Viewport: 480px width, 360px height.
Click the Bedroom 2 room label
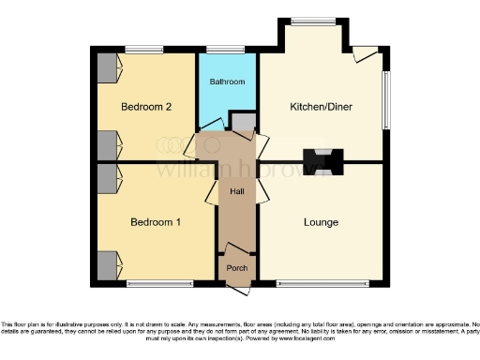(x=145, y=107)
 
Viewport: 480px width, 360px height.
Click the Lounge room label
(x=321, y=222)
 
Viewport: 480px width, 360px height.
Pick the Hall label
(x=238, y=191)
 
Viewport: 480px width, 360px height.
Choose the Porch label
(x=238, y=265)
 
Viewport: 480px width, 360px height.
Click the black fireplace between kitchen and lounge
(x=322, y=159)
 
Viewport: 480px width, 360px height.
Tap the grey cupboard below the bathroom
(x=242, y=122)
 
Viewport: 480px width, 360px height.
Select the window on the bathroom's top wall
(x=225, y=49)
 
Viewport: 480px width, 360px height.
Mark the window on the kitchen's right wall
(x=384, y=99)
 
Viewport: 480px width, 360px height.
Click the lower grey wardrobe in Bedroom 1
(x=109, y=264)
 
